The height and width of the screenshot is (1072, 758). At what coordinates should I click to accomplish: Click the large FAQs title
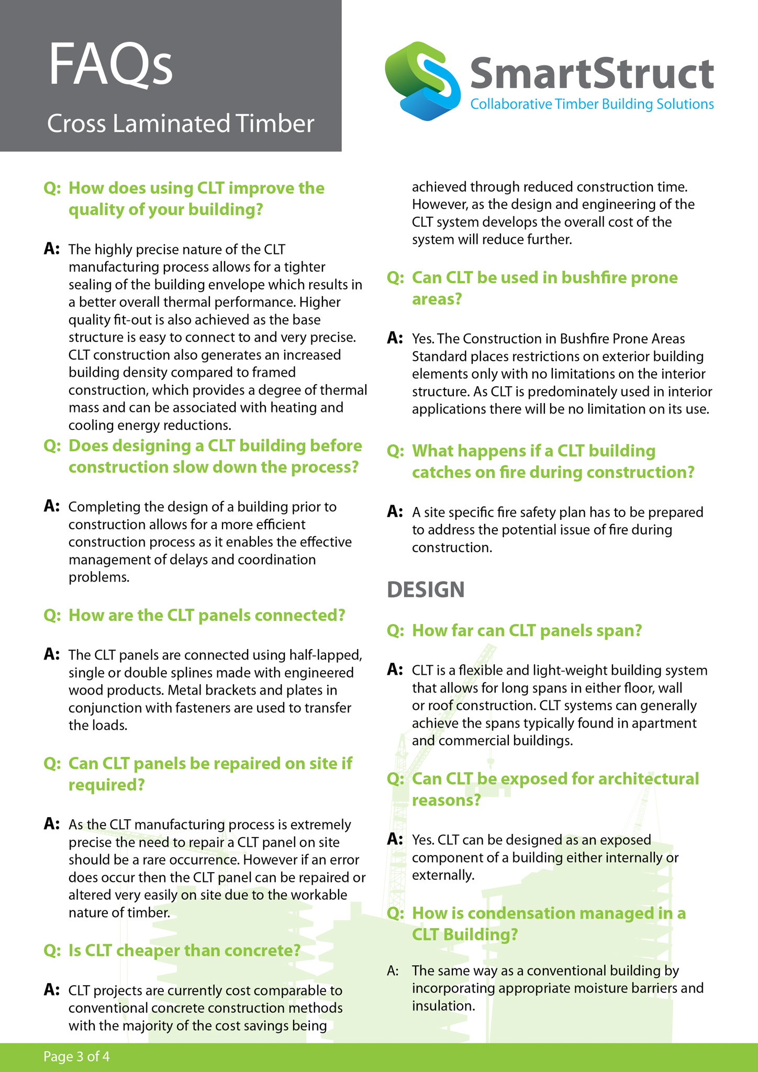[110, 65]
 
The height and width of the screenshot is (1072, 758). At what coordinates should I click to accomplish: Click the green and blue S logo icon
[422, 81]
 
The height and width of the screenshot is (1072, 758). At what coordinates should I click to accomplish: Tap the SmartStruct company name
[592, 73]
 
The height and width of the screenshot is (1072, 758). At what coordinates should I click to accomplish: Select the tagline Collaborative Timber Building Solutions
[592, 104]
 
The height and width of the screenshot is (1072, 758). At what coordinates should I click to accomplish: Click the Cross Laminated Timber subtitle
[181, 124]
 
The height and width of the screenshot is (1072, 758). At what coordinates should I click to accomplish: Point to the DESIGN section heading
[426, 589]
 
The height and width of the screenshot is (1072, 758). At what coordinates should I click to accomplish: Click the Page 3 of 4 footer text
[76, 1056]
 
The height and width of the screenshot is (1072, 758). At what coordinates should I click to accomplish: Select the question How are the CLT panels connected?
[207, 615]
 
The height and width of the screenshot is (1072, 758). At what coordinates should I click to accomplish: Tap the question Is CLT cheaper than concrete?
[184, 950]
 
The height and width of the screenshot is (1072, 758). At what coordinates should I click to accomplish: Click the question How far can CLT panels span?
[527, 630]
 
